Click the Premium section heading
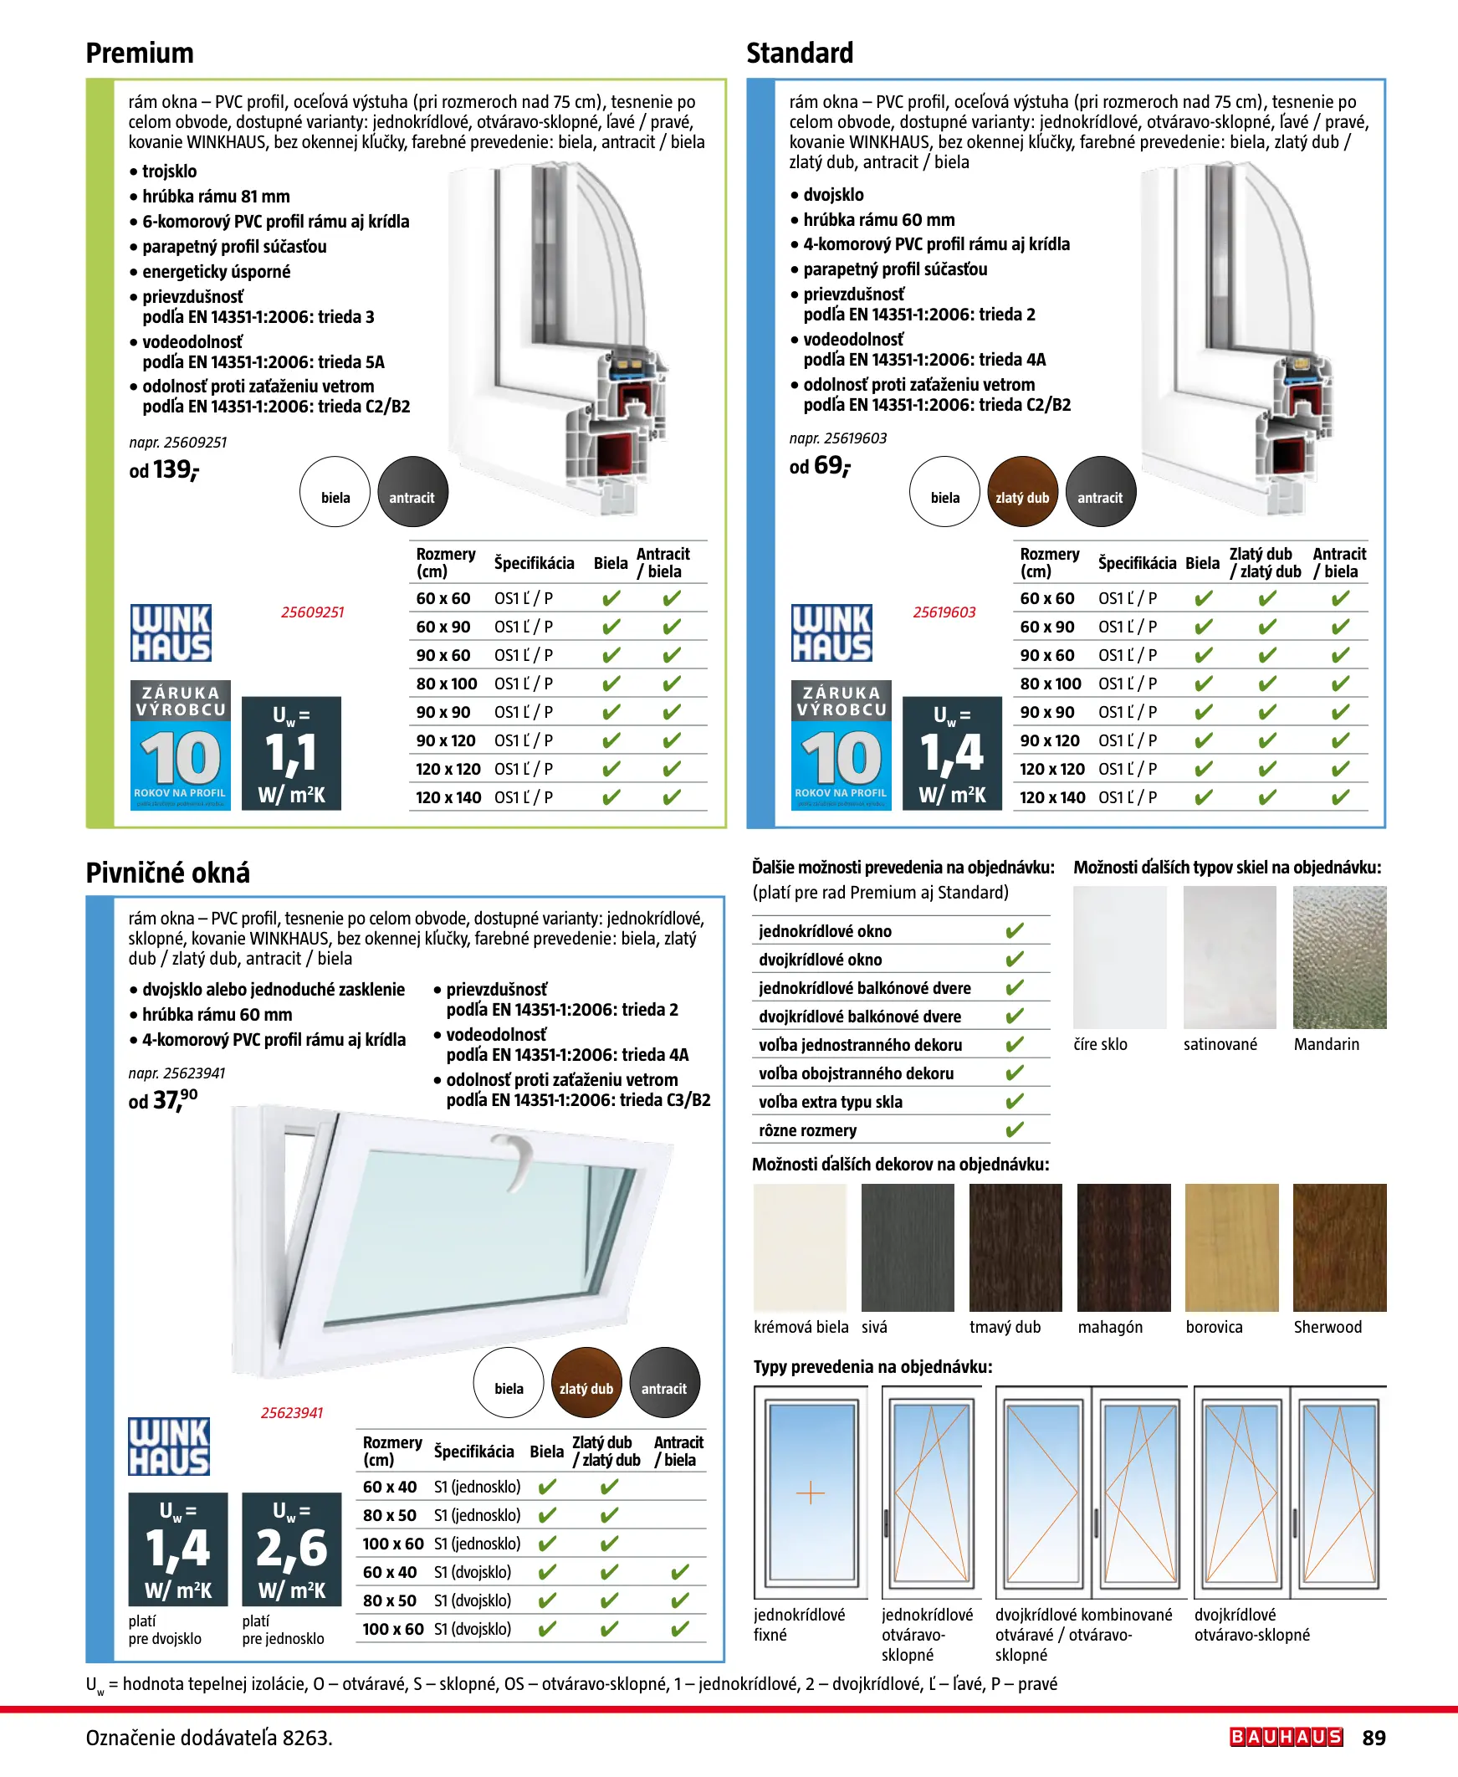140,53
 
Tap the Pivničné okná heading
168,873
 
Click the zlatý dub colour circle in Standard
1022,492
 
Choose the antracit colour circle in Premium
412,492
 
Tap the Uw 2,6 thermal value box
291,1549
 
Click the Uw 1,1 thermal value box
291,752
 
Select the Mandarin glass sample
1338,957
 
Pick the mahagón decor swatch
1123,1247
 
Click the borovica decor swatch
1231,1247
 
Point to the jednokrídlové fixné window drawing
811,1493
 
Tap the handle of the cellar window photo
514,1156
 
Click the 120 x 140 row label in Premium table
448,797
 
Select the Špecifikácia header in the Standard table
1136,563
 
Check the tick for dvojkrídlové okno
1015,959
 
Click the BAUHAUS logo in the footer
1286,1737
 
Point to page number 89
1374,1738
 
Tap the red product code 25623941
291,1412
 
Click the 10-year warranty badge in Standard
841,744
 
